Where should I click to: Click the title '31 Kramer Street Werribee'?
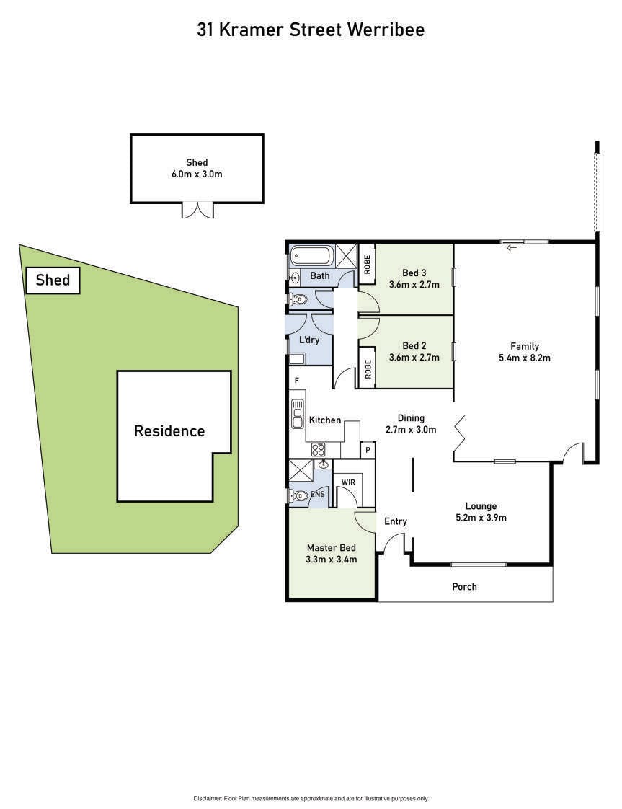(311, 30)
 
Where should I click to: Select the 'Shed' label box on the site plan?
(53, 280)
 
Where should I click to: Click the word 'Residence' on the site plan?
(169, 430)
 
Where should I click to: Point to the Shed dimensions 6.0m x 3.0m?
(197, 174)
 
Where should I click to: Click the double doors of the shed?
(197, 210)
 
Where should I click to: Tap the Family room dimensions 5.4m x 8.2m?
(525, 358)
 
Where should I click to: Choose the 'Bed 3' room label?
(414, 273)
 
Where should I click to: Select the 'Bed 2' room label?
(414, 345)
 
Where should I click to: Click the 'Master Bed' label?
(331, 548)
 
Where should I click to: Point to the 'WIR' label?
(348, 482)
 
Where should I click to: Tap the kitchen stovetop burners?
(319, 449)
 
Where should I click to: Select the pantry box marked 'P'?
(368, 450)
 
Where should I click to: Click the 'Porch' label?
(464, 587)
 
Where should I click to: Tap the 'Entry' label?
(396, 521)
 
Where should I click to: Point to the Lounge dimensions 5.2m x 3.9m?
(481, 518)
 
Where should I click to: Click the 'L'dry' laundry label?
(309, 340)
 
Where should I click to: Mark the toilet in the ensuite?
(298, 496)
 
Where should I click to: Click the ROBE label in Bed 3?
(367, 264)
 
